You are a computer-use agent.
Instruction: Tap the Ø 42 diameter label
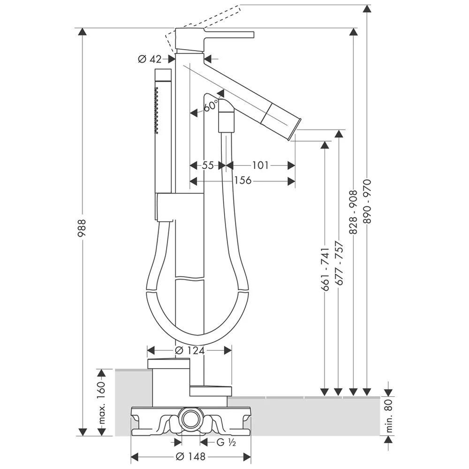click(x=150, y=59)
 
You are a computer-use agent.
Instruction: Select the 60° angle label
click(x=211, y=105)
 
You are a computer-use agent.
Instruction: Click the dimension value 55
click(x=208, y=165)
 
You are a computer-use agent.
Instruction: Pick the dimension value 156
click(x=242, y=181)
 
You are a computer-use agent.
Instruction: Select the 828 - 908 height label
click(x=353, y=212)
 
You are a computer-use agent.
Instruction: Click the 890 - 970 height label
click(x=367, y=201)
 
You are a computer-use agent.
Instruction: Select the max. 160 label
click(x=101, y=403)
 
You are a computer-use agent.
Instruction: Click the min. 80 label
click(x=389, y=416)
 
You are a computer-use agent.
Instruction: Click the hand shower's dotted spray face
click(x=157, y=108)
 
